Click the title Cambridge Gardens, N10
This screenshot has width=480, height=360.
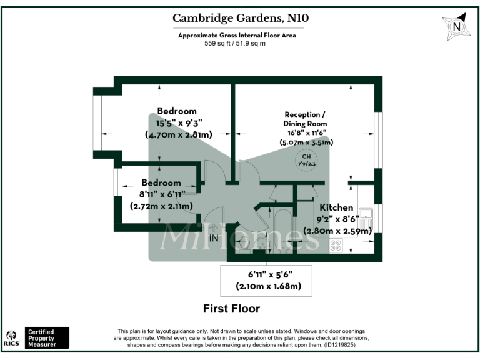pos(241,19)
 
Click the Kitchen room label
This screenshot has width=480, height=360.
pos(336,207)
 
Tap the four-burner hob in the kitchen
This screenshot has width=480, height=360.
pos(336,246)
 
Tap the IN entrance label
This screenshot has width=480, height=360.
pos(214,238)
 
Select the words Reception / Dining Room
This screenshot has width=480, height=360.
pos(305,119)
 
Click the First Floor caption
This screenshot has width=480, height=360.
pos(231,309)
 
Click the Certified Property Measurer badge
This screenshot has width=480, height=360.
pos(47,337)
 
